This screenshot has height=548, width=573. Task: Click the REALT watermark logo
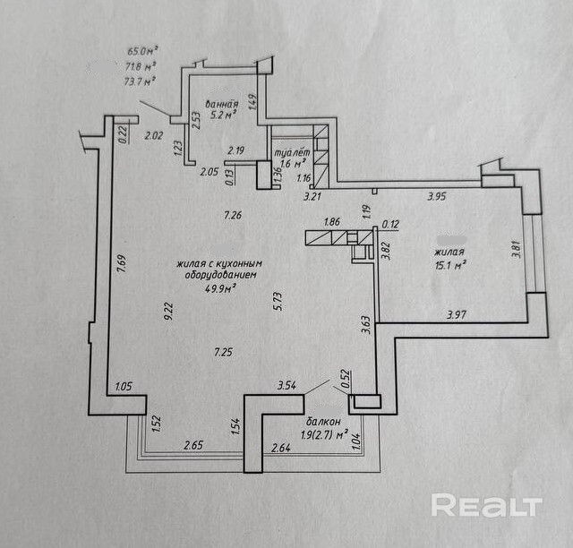[x=486, y=506]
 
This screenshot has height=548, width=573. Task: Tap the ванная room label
[x=219, y=103]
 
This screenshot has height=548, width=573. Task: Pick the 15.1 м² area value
[x=450, y=265]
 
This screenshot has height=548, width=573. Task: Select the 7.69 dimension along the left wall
[x=121, y=266]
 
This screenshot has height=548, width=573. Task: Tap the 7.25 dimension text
[x=223, y=352]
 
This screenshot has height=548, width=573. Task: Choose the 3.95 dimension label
[x=437, y=196]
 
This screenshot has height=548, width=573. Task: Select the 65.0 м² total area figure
[x=141, y=52]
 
